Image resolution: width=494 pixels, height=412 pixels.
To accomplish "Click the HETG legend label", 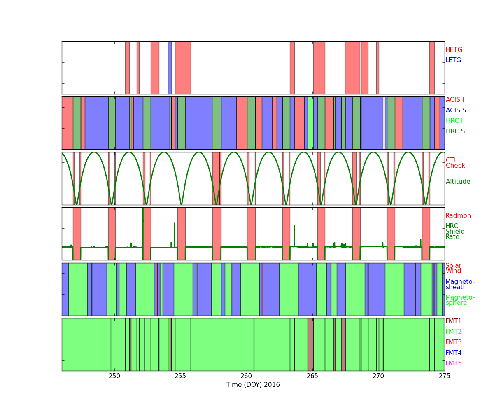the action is [x=454, y=50].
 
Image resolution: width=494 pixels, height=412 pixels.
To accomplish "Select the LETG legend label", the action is [x=453, y=60].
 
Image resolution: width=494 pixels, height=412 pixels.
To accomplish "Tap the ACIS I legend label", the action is [x=455, y=99].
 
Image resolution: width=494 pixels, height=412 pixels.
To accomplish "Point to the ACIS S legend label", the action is [x=456, y=110].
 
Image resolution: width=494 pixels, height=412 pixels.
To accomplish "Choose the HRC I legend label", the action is [x=454, y=121].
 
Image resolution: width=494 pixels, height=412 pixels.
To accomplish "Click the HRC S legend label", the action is [x=455, y=131].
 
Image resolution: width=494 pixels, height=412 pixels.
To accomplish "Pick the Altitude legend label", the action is [x=458, y=182].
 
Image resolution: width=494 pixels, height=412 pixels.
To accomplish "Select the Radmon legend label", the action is [x=458, y=216].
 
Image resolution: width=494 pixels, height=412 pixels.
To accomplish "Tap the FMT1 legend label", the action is [x=453, y=321].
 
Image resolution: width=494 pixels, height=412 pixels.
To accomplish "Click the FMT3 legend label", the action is [x=453, y=342].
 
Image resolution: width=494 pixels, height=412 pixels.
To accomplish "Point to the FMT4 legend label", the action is [x=453, y=353].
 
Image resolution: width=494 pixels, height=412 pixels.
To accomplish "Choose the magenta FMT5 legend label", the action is [x=453, y=363].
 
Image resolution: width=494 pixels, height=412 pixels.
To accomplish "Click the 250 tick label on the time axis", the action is [x=114, y=376].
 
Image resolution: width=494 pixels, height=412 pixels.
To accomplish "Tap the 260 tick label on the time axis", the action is [x=246, y=376].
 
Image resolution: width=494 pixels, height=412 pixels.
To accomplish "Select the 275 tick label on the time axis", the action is [x=444, y=376].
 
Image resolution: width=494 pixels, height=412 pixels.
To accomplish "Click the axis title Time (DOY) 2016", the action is [x=253, y=385].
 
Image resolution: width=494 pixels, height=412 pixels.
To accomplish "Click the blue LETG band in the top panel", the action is [x=170, y=68].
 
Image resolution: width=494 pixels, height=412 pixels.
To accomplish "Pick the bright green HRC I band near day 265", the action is [x=310, y=123].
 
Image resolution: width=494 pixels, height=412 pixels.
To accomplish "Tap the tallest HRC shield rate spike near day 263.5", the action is [x=294, y=236].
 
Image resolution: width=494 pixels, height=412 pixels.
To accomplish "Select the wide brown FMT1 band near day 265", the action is [x=310, y=344].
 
